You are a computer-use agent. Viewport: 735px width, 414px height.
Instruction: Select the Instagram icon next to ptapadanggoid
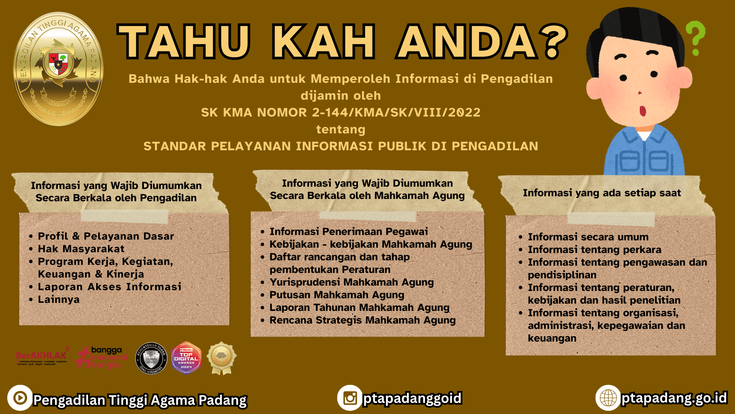click(350, 398)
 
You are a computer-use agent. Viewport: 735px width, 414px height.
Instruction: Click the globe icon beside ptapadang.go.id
click(608, 398)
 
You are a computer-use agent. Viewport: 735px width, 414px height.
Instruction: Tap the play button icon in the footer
click(20, 398)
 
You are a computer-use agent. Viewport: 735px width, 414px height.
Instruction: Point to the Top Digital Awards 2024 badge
click(186, 358)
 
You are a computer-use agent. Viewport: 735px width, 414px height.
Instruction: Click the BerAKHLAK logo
click(42, 356)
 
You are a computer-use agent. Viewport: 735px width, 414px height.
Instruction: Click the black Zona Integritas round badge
click(151, 358)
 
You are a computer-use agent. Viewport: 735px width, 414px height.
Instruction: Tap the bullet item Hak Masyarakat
click(81, 249)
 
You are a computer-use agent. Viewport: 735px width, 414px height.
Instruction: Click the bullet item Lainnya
click(59, 299)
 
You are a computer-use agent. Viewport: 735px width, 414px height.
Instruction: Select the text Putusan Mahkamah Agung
click(336, 295)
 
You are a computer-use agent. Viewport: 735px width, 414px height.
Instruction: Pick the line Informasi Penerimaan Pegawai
click(348, 232)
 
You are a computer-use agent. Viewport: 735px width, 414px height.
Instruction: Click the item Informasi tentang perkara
click(594, 250)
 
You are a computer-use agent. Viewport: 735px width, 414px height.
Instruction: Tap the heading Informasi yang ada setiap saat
click(602, 193)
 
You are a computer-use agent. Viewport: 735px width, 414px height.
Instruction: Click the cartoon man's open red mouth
click(643, 110)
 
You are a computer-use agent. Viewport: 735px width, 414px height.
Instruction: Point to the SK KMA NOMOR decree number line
click(340, 112)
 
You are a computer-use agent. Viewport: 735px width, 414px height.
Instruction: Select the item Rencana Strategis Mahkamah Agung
click(362, 320)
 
